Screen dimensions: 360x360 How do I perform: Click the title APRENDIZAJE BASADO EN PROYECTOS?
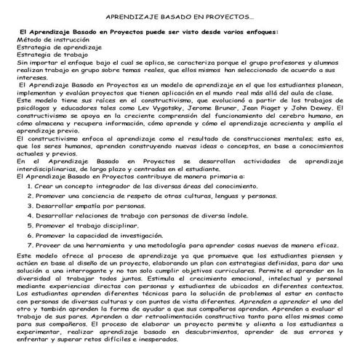pyautogui.click(x=180, y=15)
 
